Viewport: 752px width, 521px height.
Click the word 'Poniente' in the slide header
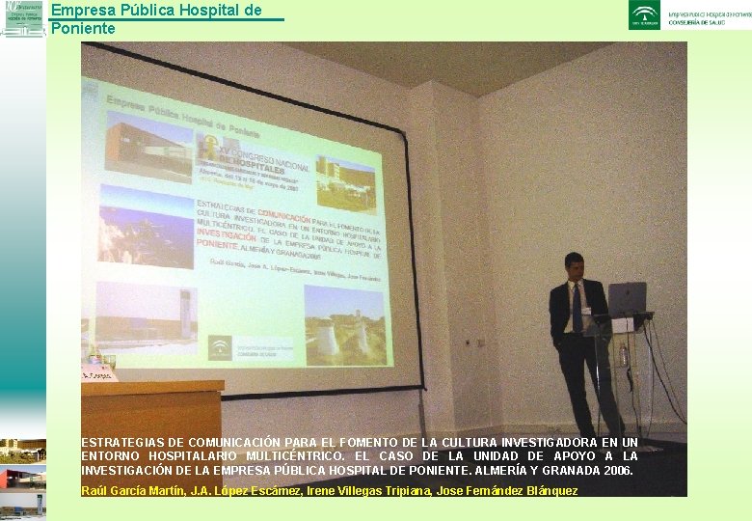click(x=83, y=29)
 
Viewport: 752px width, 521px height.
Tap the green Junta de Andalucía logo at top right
click(x=644, y=14)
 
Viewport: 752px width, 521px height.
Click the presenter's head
click(x=575, y=265)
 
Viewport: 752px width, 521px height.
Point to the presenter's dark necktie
click(x=577, y=308)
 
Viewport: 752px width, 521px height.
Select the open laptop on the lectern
click(x=626, y=299)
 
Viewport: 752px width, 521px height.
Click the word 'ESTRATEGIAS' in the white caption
click(x=123, y=443)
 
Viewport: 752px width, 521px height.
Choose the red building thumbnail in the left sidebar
click(x=22, y=478)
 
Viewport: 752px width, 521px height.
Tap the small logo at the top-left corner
click(x=22, y=19)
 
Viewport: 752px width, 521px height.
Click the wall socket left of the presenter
click(x=471, y=342)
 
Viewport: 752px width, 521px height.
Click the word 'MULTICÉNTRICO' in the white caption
click(x=273, y=456)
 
